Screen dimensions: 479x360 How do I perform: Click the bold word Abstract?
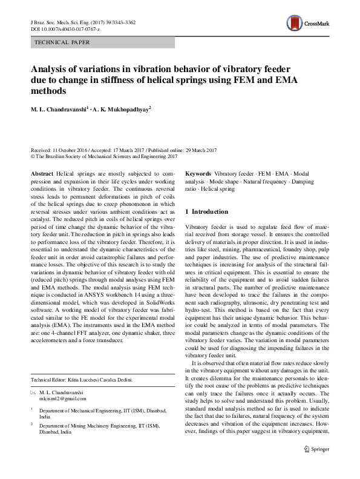coord(41,173)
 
